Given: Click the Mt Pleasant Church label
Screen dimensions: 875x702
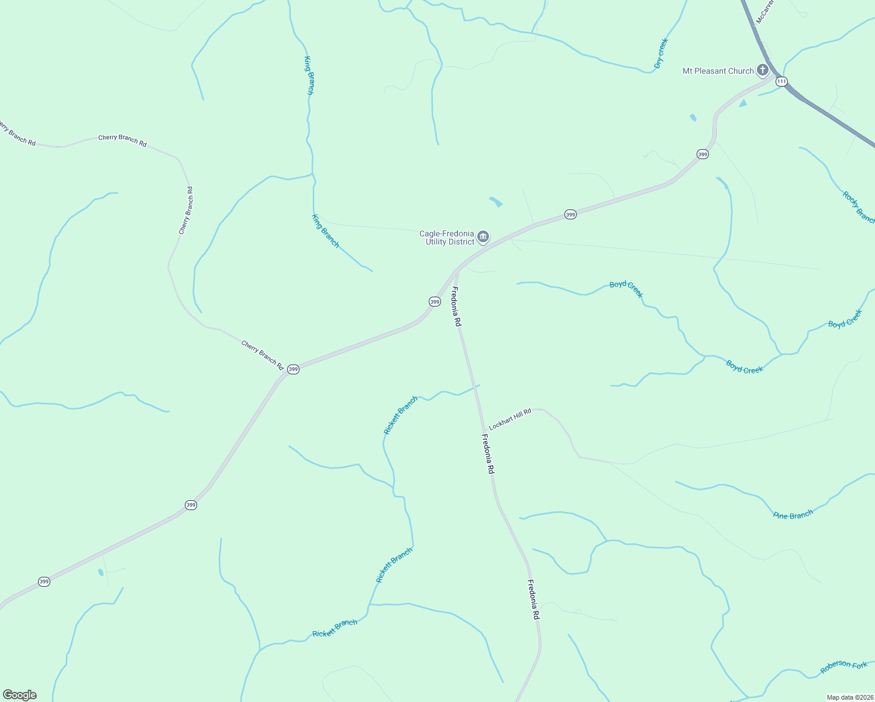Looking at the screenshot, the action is tap(718, 71).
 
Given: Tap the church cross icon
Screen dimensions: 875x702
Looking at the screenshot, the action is tap(763, 70).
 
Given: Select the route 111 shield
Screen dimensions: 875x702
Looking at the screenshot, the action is tap(781, 81).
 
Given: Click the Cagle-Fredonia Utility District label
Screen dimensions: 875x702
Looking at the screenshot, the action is tap(447, 238).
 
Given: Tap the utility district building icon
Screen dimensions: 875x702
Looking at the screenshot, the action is tap(483, 237).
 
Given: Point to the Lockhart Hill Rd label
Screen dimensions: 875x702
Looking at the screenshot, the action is tap(510, 419).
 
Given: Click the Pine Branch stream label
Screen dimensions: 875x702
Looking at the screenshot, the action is tap(793, 515).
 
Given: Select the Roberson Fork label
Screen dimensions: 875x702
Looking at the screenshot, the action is tap(843, 666).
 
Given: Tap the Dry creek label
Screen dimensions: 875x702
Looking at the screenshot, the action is tap(661, 53).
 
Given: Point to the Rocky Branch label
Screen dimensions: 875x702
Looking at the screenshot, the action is tap(858, 207).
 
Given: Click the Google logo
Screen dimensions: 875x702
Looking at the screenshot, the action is tap(20, 695).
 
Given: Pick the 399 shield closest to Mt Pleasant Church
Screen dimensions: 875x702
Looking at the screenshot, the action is tap(702, 154).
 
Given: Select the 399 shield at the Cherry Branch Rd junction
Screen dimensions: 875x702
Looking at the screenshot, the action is tap(293, 369).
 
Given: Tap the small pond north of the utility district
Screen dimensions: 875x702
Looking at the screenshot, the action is tap(496, 202).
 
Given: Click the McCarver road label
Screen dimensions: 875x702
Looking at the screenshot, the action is tap(764, 12).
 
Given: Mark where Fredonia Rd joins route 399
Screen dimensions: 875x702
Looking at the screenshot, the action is tap(457, 271).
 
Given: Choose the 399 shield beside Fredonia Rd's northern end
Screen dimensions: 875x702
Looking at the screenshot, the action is tap(435, 301).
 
